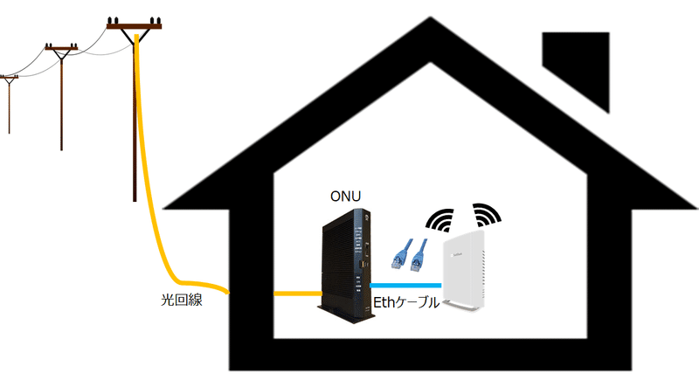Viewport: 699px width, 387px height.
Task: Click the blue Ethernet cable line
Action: [x=406, y=286]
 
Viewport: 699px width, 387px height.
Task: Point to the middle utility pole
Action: [x=60, y=96]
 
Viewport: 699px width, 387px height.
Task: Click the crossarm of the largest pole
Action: [x=134, y=26]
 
